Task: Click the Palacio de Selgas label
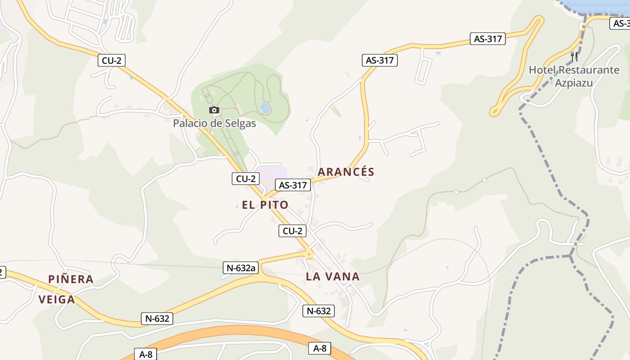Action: [214, 123]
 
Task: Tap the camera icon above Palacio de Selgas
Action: [214, 110]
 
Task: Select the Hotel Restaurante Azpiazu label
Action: [574, 76]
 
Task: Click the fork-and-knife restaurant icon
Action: [574, 56]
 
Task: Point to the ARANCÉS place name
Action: [346, 172]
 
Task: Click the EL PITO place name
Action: [265, 205]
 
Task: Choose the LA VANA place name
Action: [333, 277]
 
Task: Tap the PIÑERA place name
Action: [71, 279]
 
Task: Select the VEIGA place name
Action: [57, 300]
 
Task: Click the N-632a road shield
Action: [241, 268]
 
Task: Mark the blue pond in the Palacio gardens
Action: [265, 108]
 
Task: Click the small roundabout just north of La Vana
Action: [309, 255]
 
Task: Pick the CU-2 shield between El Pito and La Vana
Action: [292, 231]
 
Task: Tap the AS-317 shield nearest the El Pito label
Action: [293, 185]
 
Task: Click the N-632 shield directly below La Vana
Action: [319, 311]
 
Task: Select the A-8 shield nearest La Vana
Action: [319, 348]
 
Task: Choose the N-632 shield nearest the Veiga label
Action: [157, 319]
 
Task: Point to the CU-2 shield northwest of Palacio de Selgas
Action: [112, 60]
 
